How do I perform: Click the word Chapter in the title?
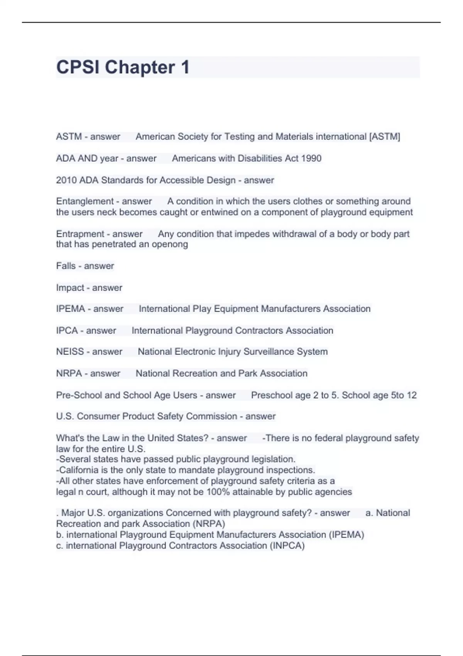(x=140, y=67)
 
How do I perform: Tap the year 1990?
(x=311, y=158)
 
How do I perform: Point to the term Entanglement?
(x=85, y=201)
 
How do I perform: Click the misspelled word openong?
(x=170, y=244)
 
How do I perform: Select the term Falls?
(x=66, y=266)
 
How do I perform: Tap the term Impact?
(x=70, y=288)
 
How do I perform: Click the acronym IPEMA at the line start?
(x=70, y=309)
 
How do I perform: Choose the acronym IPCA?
(x=67, y=331)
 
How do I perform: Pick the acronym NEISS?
(x=70, y=352)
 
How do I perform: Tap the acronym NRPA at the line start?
(x=69, y=374)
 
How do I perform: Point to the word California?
(x=79, y=470)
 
